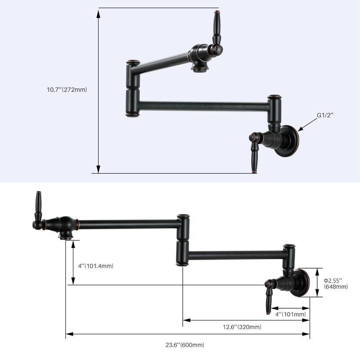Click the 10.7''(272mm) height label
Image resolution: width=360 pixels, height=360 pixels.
[x=67, y=90]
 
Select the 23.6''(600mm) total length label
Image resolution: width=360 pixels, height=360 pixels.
[x=185, y=345]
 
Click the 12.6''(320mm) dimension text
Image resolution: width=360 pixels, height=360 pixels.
[x=242, y=327]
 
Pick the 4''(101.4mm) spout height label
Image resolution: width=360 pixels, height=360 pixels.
[x=95, y=266]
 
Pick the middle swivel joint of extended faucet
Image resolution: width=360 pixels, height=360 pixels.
[x=182, y=240]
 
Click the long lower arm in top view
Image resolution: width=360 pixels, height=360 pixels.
[x=202, y=107]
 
